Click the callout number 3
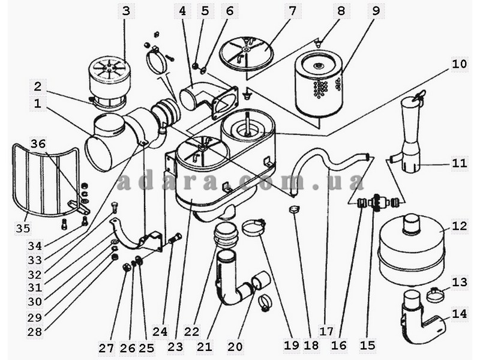pyautogui.click(x=126, y=11)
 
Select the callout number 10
pyautogui.click(x=459, y=64)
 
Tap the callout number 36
pyautogui.click(x=38, y=144)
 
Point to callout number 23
pyautogui.click(x=175, y=347)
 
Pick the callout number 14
pyautogui.click(x=459, y=314)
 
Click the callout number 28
pyautogui.click(x=35, y=332)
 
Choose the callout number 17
pyautogui.click(x=326, y=331)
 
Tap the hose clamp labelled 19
pyautogui.click(x=253, y=227)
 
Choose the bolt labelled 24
pyautogui.click(x=175, y=238)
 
